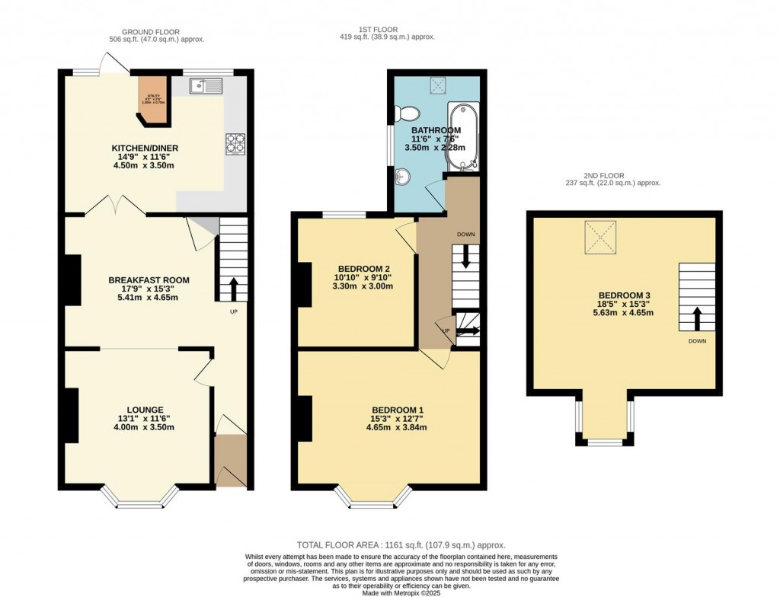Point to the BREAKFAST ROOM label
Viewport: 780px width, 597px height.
pyautogui.click(x=149, y=280)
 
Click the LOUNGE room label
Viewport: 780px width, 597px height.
pyautogui.click(x=145, y=410)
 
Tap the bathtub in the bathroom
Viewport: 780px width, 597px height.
pyautogui.click(x=462, y=136)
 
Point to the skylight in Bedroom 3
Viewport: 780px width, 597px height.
pyautogui.click(x=602, y=238)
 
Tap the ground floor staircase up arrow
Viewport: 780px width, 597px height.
pyautogui.click(x=233, y=290)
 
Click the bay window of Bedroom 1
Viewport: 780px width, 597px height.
pyautogui.click(x=373, y=498)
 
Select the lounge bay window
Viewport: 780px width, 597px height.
pyautogui.click(x=140, y=498)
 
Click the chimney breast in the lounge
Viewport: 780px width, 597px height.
pyautogui.click(x=72, y=415)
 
